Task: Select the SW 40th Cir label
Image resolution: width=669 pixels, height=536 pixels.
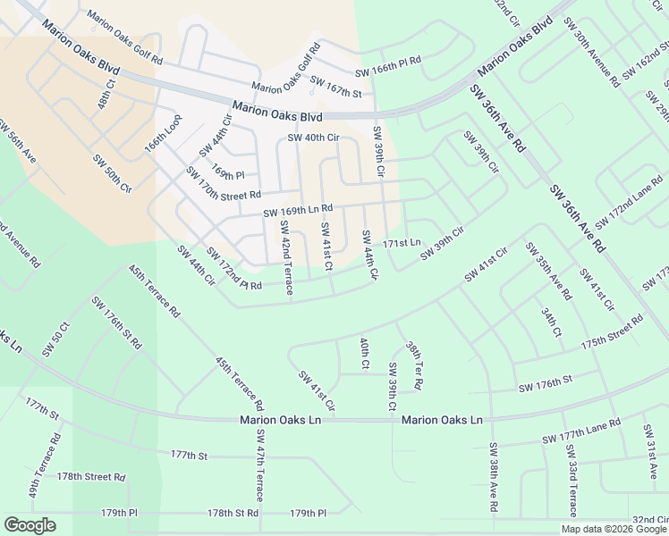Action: point(313,138)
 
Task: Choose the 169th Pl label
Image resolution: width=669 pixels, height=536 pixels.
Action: point(227,170)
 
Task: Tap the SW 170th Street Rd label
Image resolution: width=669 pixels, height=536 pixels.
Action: point(223,182)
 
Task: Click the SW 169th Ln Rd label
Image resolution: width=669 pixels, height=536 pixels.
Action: point(298,211)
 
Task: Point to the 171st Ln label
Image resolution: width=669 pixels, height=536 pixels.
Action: point(402,243)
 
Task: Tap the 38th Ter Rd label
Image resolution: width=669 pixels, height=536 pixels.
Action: point(413,364)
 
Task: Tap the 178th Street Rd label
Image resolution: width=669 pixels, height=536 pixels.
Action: point(90,477)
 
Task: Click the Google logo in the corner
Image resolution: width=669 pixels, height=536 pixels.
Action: point(30,525)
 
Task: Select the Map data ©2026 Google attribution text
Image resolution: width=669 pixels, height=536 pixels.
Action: point(613,529)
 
